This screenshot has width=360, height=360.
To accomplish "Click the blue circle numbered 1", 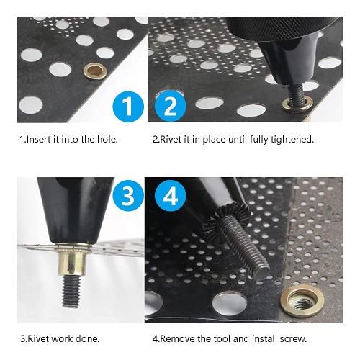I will [x=127, y=107].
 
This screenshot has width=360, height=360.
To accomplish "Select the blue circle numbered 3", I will [x=127, y=196].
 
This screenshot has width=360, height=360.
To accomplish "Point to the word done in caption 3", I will [x=87, y=338].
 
